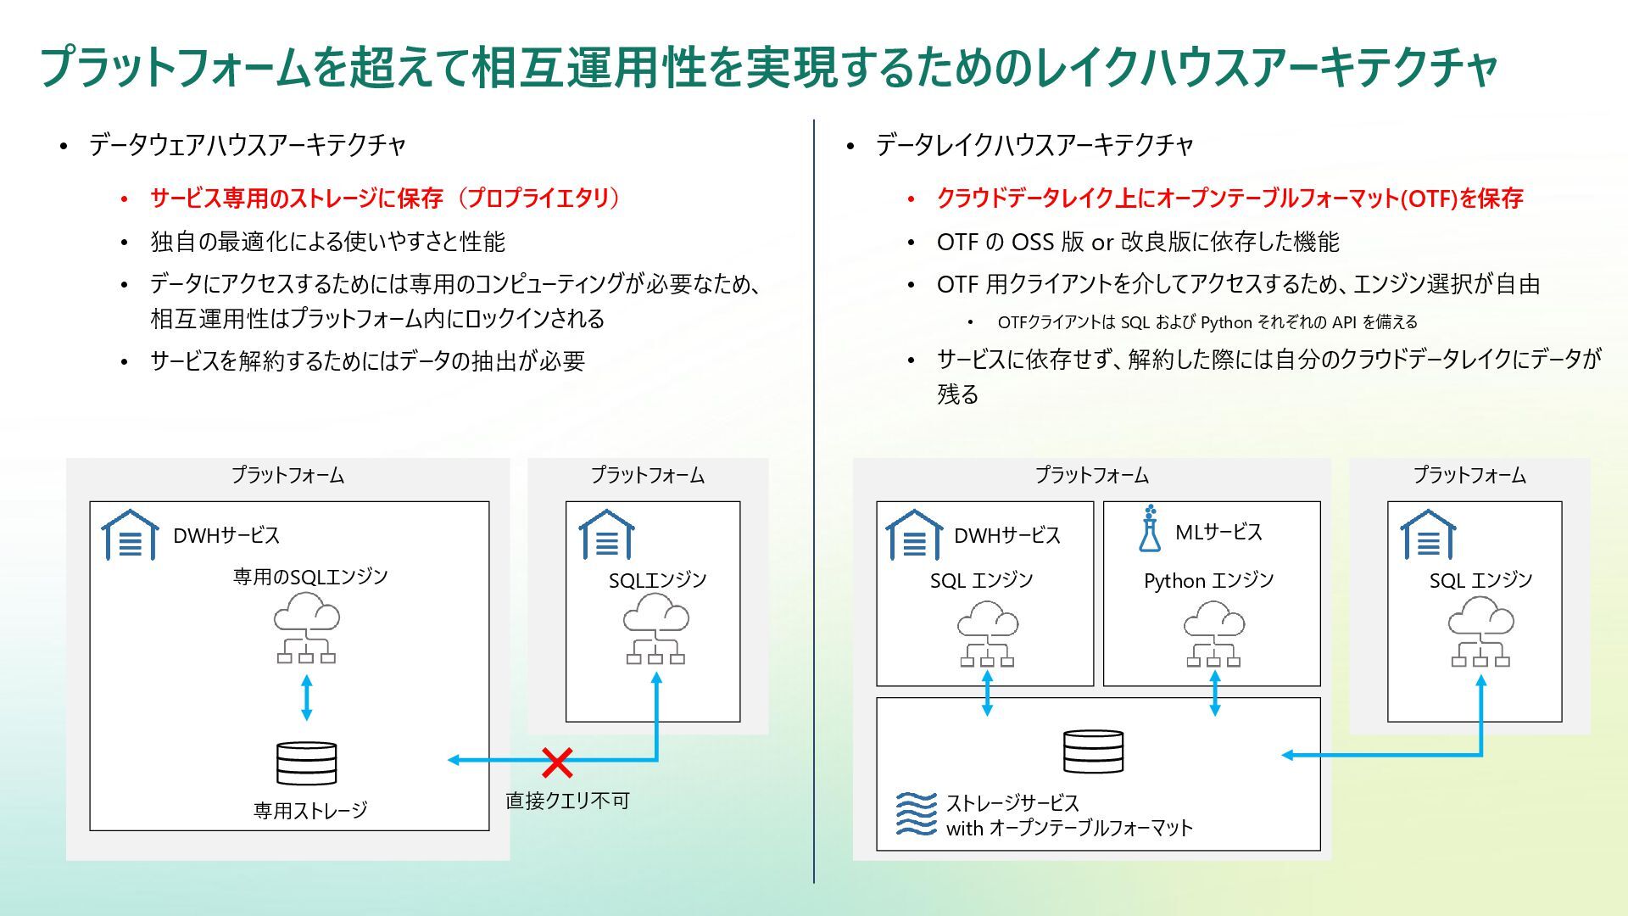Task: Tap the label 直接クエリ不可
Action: [x=567, y=801]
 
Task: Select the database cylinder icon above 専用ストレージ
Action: [x=307, y=763]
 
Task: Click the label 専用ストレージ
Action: [x=310, y=811]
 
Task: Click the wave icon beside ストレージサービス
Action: [x=917, y=814]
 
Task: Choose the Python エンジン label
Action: [x=1208, y=581]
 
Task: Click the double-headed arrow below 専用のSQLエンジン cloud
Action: [x=307, y=697]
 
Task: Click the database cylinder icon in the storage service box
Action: [x=1093, y=751]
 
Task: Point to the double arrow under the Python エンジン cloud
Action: [x=1214, y=693]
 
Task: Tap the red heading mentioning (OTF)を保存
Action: [x=1229, y=198]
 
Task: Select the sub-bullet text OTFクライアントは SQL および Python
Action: [x=1207, y=322]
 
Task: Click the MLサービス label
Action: [x=1218, y=533]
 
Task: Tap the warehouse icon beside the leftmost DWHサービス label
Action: [x=130, y=535]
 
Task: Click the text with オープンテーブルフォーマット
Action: [x=1069, y=829]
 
